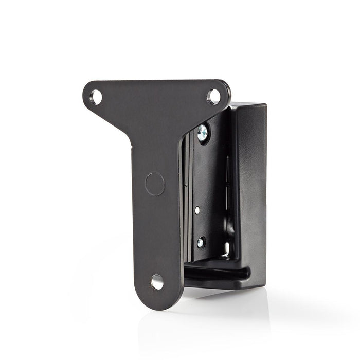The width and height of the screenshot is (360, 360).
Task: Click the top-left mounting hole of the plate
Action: coord(96,96)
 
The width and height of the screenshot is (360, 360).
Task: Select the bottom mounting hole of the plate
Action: coord(157,281)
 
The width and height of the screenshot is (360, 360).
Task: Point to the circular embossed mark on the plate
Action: coord(154,184)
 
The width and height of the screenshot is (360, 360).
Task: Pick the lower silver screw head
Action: coord(201,242)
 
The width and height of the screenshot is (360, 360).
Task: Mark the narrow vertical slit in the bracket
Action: coord(226,180)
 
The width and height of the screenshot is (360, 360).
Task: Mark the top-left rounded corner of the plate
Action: coord(88,86)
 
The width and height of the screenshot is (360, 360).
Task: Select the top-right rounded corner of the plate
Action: coord(224,85)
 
